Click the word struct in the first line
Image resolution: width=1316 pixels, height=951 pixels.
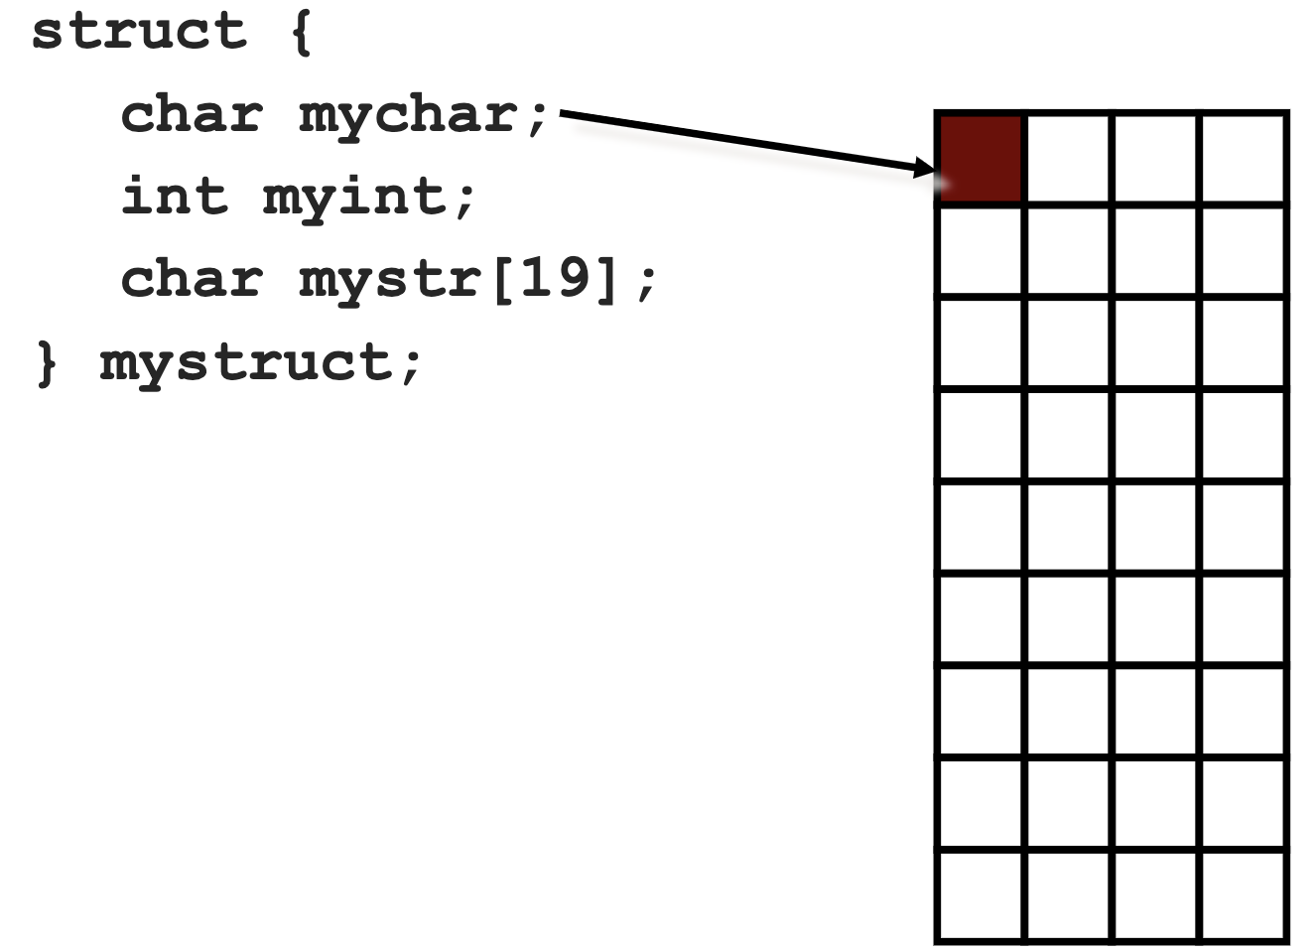pyautogui.click(x=139, y=32)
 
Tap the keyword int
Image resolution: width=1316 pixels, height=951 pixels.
pyautogui.click(x=174, y=196)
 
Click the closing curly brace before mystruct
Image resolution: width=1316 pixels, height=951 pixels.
pyautogui.click(x=46, y=361)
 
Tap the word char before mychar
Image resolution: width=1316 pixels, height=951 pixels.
pyautogui.click(x=192, y=115)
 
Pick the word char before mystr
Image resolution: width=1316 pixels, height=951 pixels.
pyautogui.click(x=192, y=279)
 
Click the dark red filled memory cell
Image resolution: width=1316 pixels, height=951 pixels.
pyautogui.click(x=981, y=159)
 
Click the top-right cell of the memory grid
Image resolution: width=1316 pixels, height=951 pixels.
pyautogui.click(x=1243, y=159)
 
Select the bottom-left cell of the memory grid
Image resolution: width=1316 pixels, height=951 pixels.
pyautogui.click(x=981, y=894)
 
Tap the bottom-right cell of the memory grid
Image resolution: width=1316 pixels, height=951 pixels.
pyautogui.click(x=1243, y=894)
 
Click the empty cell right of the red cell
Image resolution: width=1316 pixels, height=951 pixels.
pyautogui.click(x=1068, y=159)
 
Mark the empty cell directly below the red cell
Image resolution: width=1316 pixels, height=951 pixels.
pyautogui.click(x=981, y=250)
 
